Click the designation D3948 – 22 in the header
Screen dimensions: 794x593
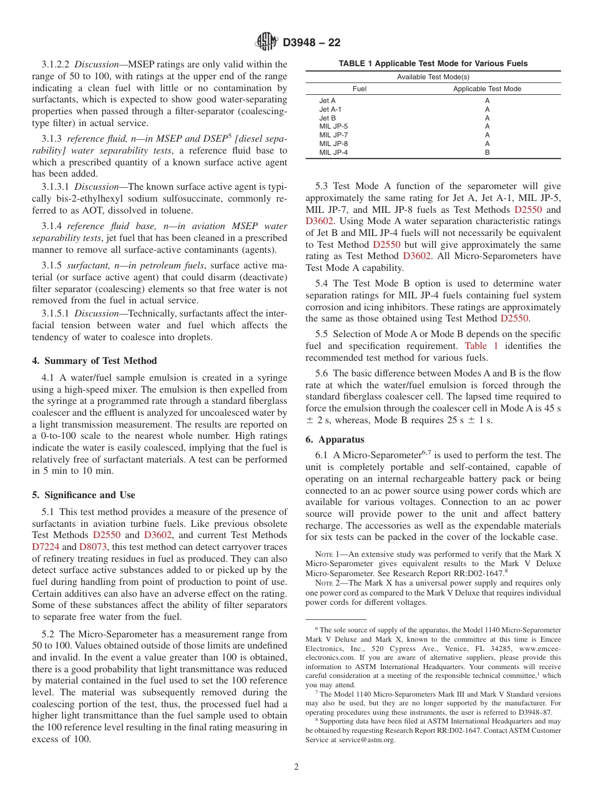311,43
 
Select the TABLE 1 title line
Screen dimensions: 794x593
433,64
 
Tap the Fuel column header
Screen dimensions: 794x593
360,89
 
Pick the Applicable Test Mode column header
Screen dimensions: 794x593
487,89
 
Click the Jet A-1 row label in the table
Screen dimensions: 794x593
330,109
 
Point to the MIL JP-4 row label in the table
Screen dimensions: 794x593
333,152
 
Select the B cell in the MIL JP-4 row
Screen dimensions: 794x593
487,152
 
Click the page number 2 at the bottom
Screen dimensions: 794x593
296,767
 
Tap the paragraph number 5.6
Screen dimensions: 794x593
322,373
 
